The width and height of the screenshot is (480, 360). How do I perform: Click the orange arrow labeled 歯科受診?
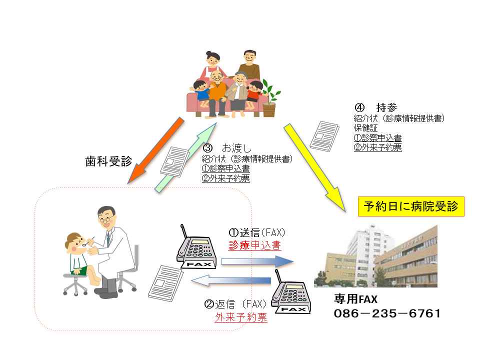155,150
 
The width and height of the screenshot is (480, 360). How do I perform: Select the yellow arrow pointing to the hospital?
314,168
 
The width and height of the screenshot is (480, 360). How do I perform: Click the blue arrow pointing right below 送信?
257,261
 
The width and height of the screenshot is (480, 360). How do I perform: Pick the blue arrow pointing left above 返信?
231,280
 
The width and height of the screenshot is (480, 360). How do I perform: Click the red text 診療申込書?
254,245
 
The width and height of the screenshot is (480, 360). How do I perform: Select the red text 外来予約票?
241,317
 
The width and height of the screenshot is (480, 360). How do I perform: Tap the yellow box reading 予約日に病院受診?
411,206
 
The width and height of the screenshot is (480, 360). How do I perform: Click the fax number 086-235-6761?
387,313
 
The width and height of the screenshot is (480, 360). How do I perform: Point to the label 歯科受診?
108,161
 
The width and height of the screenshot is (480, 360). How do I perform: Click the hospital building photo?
375,255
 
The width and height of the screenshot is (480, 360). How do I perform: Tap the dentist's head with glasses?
106,216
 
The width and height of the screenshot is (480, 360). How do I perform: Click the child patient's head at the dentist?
75,243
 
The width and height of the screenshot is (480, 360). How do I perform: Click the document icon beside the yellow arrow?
324,136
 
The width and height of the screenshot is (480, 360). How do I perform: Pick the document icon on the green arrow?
175,161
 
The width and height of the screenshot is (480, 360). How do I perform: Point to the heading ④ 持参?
376,107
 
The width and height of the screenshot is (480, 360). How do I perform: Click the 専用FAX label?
355,299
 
